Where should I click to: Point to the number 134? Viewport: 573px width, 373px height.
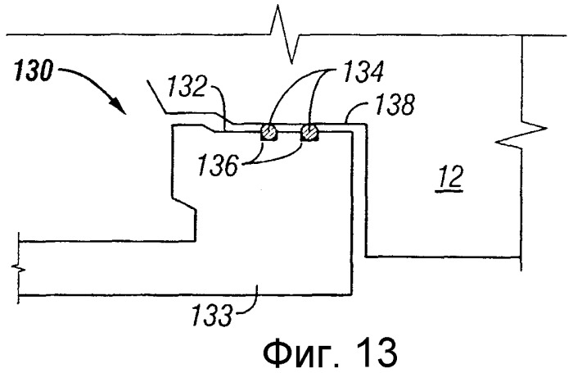[362, 71]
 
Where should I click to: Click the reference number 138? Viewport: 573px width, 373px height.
[395, 104]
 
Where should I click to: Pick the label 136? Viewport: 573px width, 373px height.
[218, 166]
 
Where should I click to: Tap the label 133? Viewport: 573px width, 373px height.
[212, 316]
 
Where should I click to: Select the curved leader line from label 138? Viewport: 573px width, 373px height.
[355, 111]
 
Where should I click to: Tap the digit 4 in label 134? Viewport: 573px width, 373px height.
[375, 71]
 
